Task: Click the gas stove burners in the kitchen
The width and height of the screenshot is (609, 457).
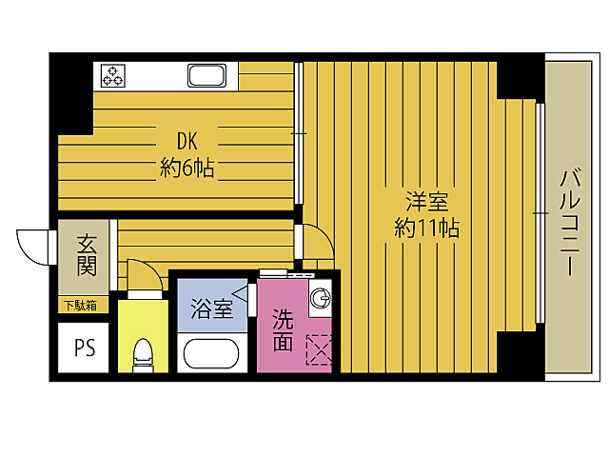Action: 112,76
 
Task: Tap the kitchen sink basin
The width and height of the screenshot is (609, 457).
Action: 206,75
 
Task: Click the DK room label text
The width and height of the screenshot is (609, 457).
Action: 187,141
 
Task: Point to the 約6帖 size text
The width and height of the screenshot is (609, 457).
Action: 187,169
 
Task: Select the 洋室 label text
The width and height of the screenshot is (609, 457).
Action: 427,201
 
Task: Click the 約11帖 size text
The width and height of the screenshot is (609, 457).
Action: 427,228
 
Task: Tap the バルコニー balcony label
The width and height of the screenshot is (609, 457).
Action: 569,222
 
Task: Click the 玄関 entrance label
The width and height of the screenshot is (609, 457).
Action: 87,255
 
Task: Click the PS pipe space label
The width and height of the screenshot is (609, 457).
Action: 85,348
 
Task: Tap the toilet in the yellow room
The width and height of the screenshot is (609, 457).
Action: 143,355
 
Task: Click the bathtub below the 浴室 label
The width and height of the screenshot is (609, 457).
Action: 211,353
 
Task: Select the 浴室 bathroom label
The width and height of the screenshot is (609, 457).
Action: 211,309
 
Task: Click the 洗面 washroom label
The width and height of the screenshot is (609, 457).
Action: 283,330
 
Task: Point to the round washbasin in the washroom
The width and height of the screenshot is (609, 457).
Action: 321,298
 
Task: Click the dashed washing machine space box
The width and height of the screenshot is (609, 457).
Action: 319,350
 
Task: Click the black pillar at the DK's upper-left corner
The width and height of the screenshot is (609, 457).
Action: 71,93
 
